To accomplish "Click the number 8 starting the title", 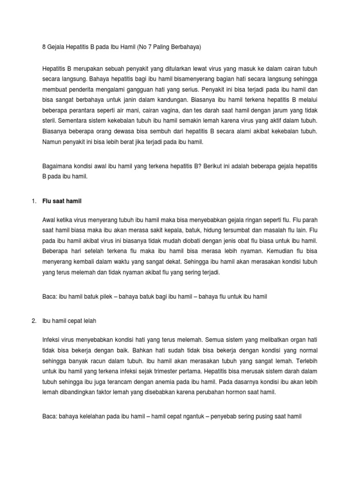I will pos(44,47).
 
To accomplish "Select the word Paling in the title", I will pos(159,47).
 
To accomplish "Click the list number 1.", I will pos(33,201).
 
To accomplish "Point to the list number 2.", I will pos(33,321).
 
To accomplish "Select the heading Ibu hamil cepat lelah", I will pos(69,321).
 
